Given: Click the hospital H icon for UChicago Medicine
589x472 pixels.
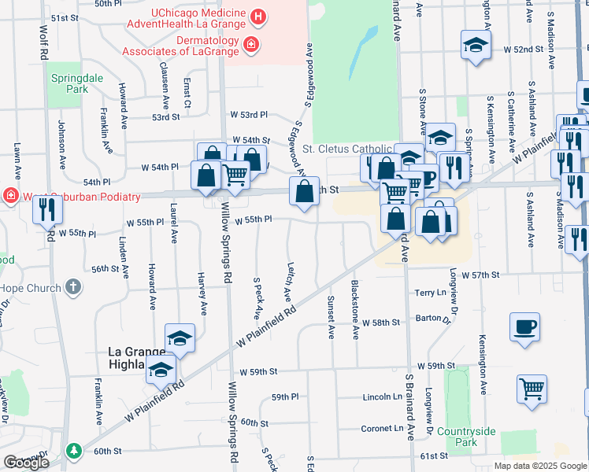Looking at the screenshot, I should pyautogui.click(x=257, y=16).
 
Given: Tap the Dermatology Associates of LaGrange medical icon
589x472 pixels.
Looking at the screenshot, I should pyautogui.click(x=250, y=45).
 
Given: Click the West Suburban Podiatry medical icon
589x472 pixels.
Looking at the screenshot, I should pyautogui.click(x=11, y=195).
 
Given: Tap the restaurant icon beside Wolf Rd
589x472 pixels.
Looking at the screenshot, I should pyautogui.click(x=49, y=208).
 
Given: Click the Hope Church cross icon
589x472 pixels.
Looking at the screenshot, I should pyautogui.click(x=72, y=287).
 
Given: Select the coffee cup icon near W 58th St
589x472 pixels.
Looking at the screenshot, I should pyautogui.click(x=524, y=327).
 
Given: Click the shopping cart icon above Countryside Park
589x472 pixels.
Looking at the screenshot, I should pyautogui.click(x=532, y=388).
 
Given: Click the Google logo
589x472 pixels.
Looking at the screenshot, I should pyautogui.click(x=26, y=463).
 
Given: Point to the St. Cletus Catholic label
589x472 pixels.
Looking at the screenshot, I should pyautogui.click(x=346, y=149).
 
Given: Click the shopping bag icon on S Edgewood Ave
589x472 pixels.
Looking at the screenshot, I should pyautogui.click(x=304, y=191).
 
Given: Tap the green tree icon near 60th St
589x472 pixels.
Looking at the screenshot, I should pyautogui.click(x=74, y=451).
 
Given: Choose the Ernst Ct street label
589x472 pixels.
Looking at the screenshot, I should pyautogui.click(x=186, y=93).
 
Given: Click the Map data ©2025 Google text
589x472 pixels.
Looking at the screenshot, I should pyautogui.click(x=540, y=466).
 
